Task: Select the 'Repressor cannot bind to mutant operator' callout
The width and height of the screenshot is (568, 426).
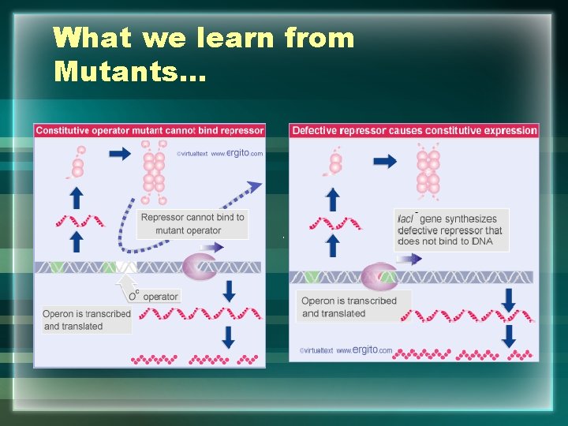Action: (x=192, y=224)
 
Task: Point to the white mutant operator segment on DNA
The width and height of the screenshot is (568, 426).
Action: (x=126, y=267)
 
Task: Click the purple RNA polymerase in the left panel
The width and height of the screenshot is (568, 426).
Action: (x=199, y=266)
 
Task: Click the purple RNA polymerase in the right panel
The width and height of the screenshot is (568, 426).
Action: (x=379, y=277)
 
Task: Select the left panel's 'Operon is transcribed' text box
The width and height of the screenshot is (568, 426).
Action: (x=87, y=319)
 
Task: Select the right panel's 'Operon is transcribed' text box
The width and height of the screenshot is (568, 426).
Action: (x=355, y=307)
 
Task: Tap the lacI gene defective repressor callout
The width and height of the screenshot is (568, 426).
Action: (x=451, y=230)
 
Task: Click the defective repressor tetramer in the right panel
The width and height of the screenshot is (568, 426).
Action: (x=428, y=171)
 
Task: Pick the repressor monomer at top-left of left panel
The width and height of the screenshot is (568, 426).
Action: (x=78, y=163)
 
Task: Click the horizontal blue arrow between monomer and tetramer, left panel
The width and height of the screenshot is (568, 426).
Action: (x=120, y=155)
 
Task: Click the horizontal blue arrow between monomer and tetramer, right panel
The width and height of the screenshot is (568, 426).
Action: (x=385, y=161)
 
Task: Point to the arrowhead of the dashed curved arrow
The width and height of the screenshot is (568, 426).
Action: (x=254, y=186)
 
